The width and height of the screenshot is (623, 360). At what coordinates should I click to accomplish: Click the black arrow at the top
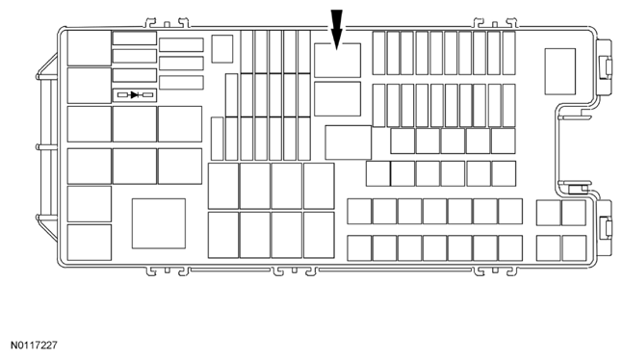coord(336,30)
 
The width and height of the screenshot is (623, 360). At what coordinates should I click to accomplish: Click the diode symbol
coord(135,95)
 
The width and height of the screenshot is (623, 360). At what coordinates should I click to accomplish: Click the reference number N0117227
coord(34,346)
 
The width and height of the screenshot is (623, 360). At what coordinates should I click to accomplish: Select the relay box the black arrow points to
coord(337,61)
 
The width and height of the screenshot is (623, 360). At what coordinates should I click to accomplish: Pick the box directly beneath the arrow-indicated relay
coord(337,99)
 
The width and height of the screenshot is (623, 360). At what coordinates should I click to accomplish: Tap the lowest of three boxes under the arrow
coord(348,142)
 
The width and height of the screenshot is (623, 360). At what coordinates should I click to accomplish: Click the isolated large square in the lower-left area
coord(159,223)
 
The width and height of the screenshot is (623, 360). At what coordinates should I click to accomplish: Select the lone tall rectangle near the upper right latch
coord(560,71)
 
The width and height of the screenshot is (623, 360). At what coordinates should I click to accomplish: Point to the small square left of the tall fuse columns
coord(222,49)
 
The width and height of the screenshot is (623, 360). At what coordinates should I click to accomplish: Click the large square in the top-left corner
coord(90,48)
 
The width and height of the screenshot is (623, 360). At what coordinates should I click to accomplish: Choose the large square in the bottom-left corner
coord(90,243)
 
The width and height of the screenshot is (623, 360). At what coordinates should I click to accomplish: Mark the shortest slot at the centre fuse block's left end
coord(218,139)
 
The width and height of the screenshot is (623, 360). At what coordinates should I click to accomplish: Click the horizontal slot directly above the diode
coord(135,75)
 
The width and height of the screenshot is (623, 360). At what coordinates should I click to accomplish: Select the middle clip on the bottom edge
coord(294,271)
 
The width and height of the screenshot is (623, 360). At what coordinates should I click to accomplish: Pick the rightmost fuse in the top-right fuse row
coord(509,53)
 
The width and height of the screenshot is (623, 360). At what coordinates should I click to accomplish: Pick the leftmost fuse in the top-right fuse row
coord(379,53)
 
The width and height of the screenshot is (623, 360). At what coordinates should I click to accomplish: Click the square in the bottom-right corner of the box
coord(574,248)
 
